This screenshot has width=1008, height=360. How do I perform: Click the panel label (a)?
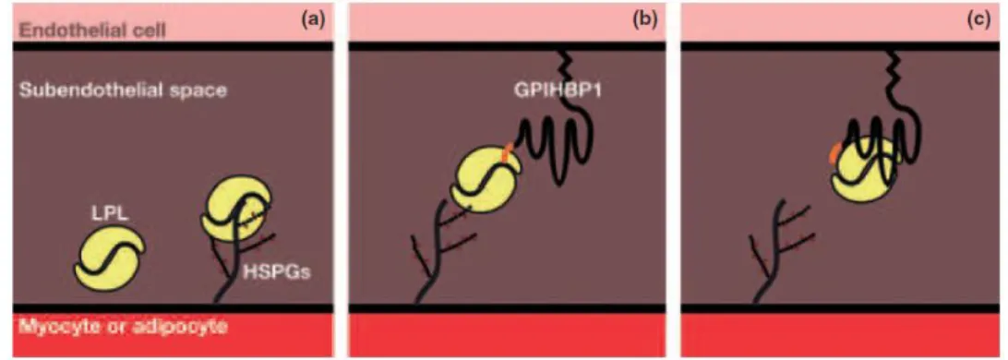(x=314, y=20)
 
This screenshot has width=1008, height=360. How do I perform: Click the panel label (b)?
(x=645, y=20)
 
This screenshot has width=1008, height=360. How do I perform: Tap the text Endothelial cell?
(x=92, y=30)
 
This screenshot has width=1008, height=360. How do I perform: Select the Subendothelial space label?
(x=124, y=90)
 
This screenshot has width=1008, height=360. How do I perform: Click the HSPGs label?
(x=277, y=272)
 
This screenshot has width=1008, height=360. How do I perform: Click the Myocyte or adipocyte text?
(x=123, y=328)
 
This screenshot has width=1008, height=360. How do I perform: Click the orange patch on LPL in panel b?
(x=507, y=153)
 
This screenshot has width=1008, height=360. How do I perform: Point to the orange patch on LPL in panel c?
(x=835, y=152)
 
